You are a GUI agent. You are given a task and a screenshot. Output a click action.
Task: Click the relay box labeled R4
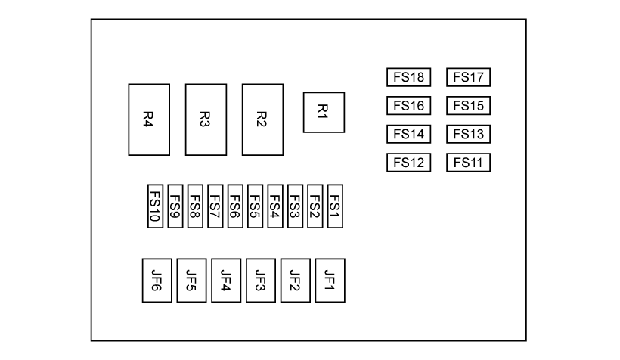click(149, 119)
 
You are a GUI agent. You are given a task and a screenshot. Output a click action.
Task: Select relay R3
click(206, 119)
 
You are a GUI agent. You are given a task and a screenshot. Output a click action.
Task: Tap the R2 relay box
click(262, 119)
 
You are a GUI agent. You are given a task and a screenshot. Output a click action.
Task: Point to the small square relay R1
click(324, 112)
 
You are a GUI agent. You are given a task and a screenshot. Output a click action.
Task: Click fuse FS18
click(408, 77)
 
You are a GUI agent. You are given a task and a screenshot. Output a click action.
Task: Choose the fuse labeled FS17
click(469, 77)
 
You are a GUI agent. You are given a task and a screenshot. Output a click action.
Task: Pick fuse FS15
click(469, 106)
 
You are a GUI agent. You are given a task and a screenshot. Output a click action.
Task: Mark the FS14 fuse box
click(408, 135)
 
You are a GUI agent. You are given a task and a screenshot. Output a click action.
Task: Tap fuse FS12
click(408, 163)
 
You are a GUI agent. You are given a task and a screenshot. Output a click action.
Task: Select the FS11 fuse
click(469, 163)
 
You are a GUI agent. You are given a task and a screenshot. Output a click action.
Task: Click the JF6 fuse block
click(157, 281)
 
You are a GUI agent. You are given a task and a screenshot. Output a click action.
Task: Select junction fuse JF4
click(226, 281)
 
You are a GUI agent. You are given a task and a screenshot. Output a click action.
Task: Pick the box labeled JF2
click(296, 281)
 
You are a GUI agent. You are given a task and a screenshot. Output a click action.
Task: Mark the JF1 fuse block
click(330, 281)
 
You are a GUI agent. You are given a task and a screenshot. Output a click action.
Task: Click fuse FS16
click(408, 106)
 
